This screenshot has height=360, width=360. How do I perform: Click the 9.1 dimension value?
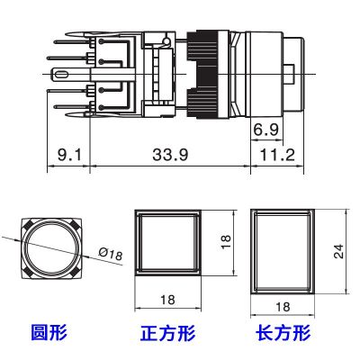click(x=68, y=155)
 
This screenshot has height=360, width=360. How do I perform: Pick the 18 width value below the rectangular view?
click(x=283, y=307)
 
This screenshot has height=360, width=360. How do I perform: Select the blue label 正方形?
click(x=167, y=334)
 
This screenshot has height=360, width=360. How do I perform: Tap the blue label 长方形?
click(x=283, y=334)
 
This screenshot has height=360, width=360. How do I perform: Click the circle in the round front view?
click(x=51, y=247)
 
